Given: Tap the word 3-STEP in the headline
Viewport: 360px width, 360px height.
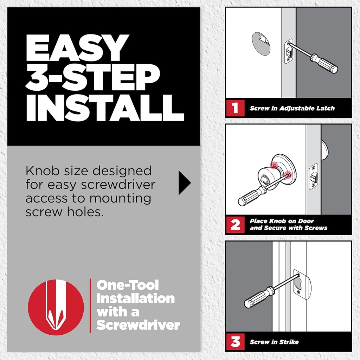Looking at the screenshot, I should pyautogui.click(x=92, y=78).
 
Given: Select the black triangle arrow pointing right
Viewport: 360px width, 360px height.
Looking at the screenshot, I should pyautogui.click(x=184, y=183).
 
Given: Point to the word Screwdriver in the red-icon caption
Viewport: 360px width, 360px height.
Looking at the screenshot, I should pyautogui.click(x=138, y=325).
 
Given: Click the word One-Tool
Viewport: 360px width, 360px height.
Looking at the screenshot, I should pyautogui.click(x=128, y=285).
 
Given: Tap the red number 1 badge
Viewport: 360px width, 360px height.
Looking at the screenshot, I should pyautogui.click(x=235, y=108).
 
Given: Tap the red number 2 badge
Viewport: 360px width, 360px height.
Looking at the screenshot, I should pyautogui.click(x=235, y=225).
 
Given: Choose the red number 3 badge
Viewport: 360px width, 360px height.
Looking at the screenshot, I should pyautogui.click(x=235, y=341).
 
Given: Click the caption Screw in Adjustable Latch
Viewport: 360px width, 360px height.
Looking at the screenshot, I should pyautogui.click(x=292, y=108).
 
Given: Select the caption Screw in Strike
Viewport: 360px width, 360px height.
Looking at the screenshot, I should pyautogui.click(x=274, y=342).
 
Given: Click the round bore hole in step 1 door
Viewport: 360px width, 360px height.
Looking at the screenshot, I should pyautogui.click(x=261, y=44).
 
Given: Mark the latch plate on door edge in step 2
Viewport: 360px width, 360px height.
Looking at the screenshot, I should pyautogui.click(x=313, y=176).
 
